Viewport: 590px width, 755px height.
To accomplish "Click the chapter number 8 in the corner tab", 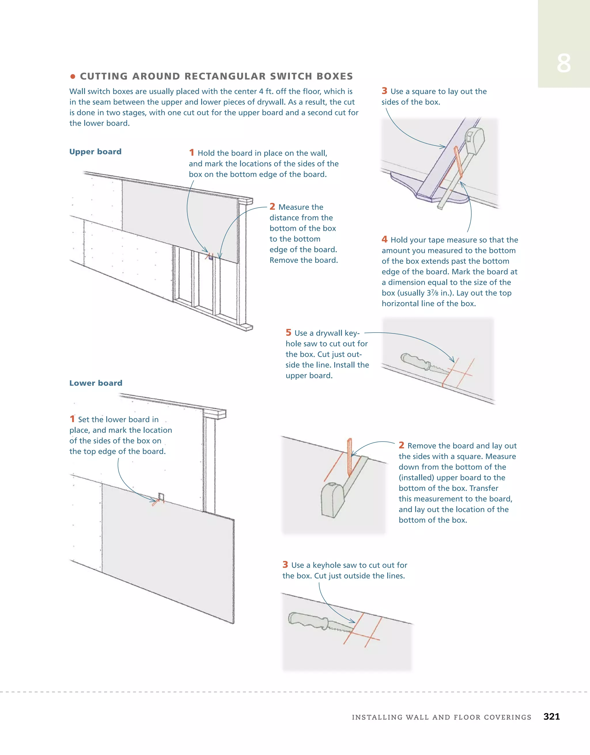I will [x=563, y=64].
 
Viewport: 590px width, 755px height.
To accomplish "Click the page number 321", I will [x=551, y=716].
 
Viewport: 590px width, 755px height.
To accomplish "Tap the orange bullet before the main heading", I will [x=73, y=76].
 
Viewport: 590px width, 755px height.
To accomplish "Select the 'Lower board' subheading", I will [x=96, y=383].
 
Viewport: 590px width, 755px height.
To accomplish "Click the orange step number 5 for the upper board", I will [x=288, y=333].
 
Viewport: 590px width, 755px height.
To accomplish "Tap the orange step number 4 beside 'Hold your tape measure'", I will [x=384, y=239].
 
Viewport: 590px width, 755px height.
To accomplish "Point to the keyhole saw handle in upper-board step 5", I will [x=414, y=361].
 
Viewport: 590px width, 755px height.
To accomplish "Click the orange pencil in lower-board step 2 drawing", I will [x=349, y=456].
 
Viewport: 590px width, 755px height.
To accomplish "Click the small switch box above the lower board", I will [x=161, y=497].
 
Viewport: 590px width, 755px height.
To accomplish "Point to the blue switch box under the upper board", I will [x=211, y=256].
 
